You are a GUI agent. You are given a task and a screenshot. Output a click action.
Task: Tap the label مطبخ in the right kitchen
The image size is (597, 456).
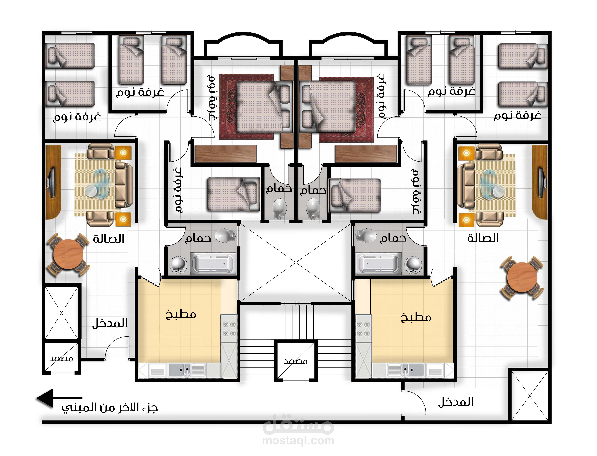(416, 318)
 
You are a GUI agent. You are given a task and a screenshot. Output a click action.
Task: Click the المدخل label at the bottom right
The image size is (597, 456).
(456, 402)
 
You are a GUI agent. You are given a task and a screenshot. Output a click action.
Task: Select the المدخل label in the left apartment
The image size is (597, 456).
(110, 323)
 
